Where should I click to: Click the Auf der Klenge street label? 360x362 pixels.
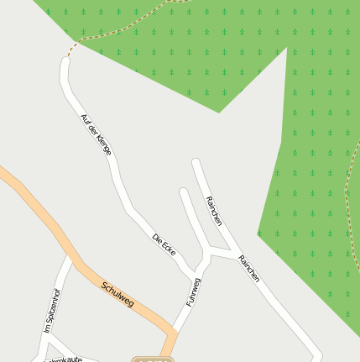click(x=95, y=134)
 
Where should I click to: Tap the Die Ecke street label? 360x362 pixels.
click(x=164, y=244)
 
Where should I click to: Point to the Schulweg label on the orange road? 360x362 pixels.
click(x=117, y=294)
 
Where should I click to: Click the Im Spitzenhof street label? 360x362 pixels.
click(x=53, y=311)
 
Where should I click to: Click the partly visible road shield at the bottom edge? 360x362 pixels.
click(x=153, y=359)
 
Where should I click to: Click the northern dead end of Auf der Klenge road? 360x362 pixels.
click(x=65, y=61)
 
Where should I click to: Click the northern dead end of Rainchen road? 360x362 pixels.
click(x=196, y=161)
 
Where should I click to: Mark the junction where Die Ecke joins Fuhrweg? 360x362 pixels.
click(x=199, y=275)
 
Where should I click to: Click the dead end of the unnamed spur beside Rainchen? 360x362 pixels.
click(x=184, y=192)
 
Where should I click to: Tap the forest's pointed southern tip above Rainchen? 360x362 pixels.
click(x=219, y=112)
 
